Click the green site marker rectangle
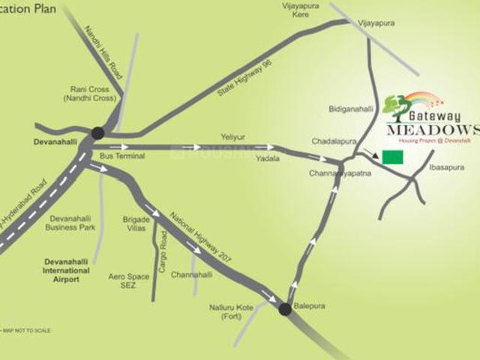click(x=391, y=157)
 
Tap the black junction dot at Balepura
click(x=285, y=308)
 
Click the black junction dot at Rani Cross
click(x=97, y=133)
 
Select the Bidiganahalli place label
click(x=350, y=109)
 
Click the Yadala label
click(x=267, y=160)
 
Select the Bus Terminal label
click(x=121, y=155)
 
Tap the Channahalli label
click(x=192, y=274)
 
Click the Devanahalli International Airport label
click(x=66, y=270)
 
